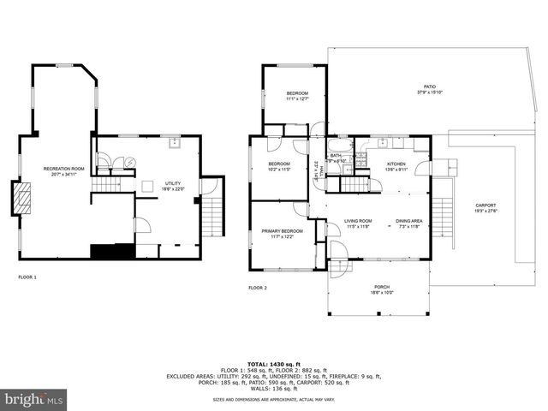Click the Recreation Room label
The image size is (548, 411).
64,169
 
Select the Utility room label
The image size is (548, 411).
173,183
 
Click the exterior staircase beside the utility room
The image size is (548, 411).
215,207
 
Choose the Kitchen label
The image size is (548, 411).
396,164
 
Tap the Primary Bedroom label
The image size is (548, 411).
282,230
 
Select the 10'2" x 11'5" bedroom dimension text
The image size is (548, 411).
280,169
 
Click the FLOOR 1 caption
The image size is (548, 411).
27,277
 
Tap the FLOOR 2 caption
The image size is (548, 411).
258,288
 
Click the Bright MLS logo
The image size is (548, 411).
34,399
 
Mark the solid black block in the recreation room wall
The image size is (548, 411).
111,251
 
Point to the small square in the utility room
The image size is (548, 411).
148,184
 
